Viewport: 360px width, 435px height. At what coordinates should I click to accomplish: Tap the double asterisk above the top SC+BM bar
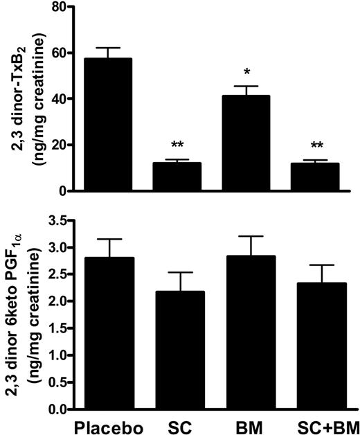point(315,146)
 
